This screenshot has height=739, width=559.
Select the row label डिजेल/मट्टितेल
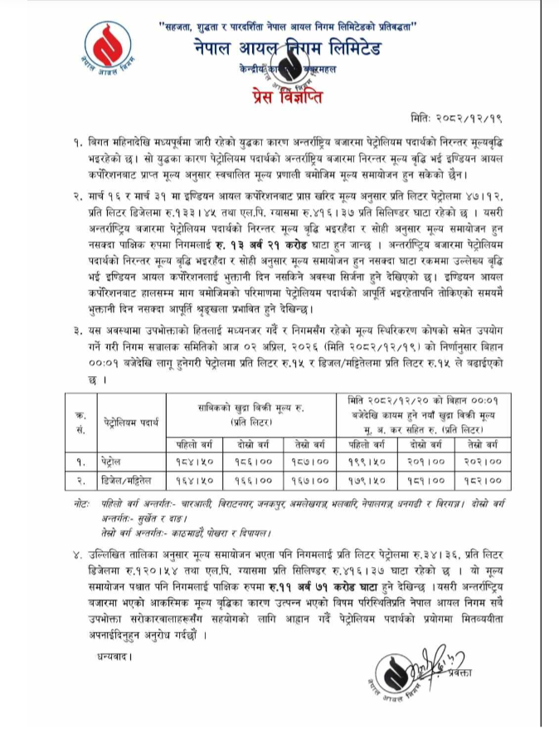coord(124,480)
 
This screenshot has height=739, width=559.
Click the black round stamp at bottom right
coord(422,683)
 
